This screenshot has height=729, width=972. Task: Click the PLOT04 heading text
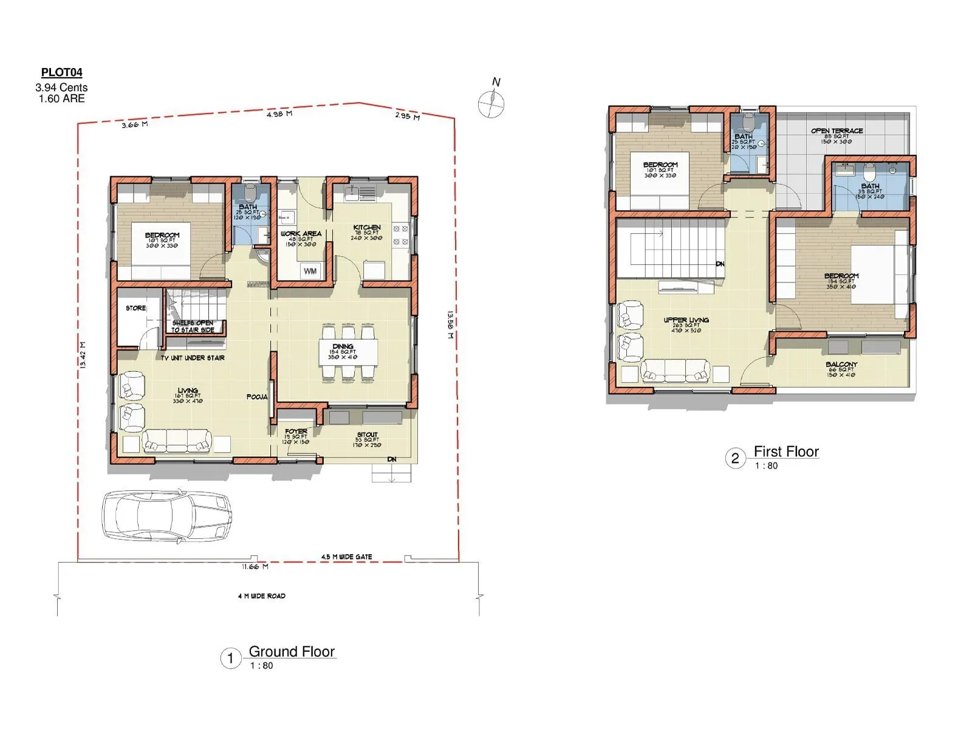click(x=61, y=73)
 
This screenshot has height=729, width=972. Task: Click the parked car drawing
click(x=166, y=515)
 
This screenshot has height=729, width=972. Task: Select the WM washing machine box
click(x=310, y=271)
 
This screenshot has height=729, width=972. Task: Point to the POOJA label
click(x=257, y=397)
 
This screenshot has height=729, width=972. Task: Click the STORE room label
click(x=135, y=309)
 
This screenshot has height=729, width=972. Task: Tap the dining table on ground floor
click(x=347, y=352)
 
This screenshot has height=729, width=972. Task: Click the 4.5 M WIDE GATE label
click(x=346, y=556)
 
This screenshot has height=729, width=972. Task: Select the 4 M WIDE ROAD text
click(x=261, y=596)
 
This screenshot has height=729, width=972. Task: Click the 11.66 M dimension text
click(x=255, y=567)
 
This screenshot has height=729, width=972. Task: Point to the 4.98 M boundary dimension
click(x=279, y=114)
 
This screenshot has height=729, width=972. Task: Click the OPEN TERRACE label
click(x=837, y=131)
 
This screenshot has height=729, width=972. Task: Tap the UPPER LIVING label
click(x=686, y=320)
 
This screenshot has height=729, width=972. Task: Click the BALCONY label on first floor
click(x=841, y=364)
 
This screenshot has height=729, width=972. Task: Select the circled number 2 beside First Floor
click(x=735, y=458)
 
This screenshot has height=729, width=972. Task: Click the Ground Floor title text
click(x=292, y=652)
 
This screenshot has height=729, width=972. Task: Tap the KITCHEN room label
click(x=367, y=227)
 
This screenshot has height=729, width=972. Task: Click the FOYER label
click(x=296, y=432)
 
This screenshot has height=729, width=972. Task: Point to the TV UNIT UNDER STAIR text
click(x=193, y=358)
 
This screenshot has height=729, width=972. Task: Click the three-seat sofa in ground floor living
click(x=177, y=442)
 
